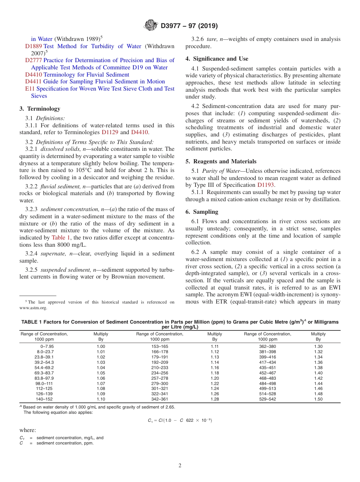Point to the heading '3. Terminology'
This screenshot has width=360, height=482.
pyautogui.click(x=40, y=109)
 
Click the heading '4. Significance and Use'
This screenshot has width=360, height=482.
pyautogui.click(x=217, y=59)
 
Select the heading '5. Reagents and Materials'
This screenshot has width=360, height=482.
pyautogui.click(x=221, y=161)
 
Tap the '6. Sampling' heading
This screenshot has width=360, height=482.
pyautogui.click(x=202, y=212)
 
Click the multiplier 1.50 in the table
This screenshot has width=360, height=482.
pyautogui.click(x=318, y=399)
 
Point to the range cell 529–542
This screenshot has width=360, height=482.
pyautogui.click(x=268, y=399)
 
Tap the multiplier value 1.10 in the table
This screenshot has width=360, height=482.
pyautogui.click(x=101, y=399)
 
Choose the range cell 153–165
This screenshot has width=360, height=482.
pyautogui.click(x=160, y=346)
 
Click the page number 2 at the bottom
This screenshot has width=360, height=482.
pyautogui.click(x=180, y=466)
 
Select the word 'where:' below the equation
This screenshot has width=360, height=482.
pyautogui.click(x=28, y=430)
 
